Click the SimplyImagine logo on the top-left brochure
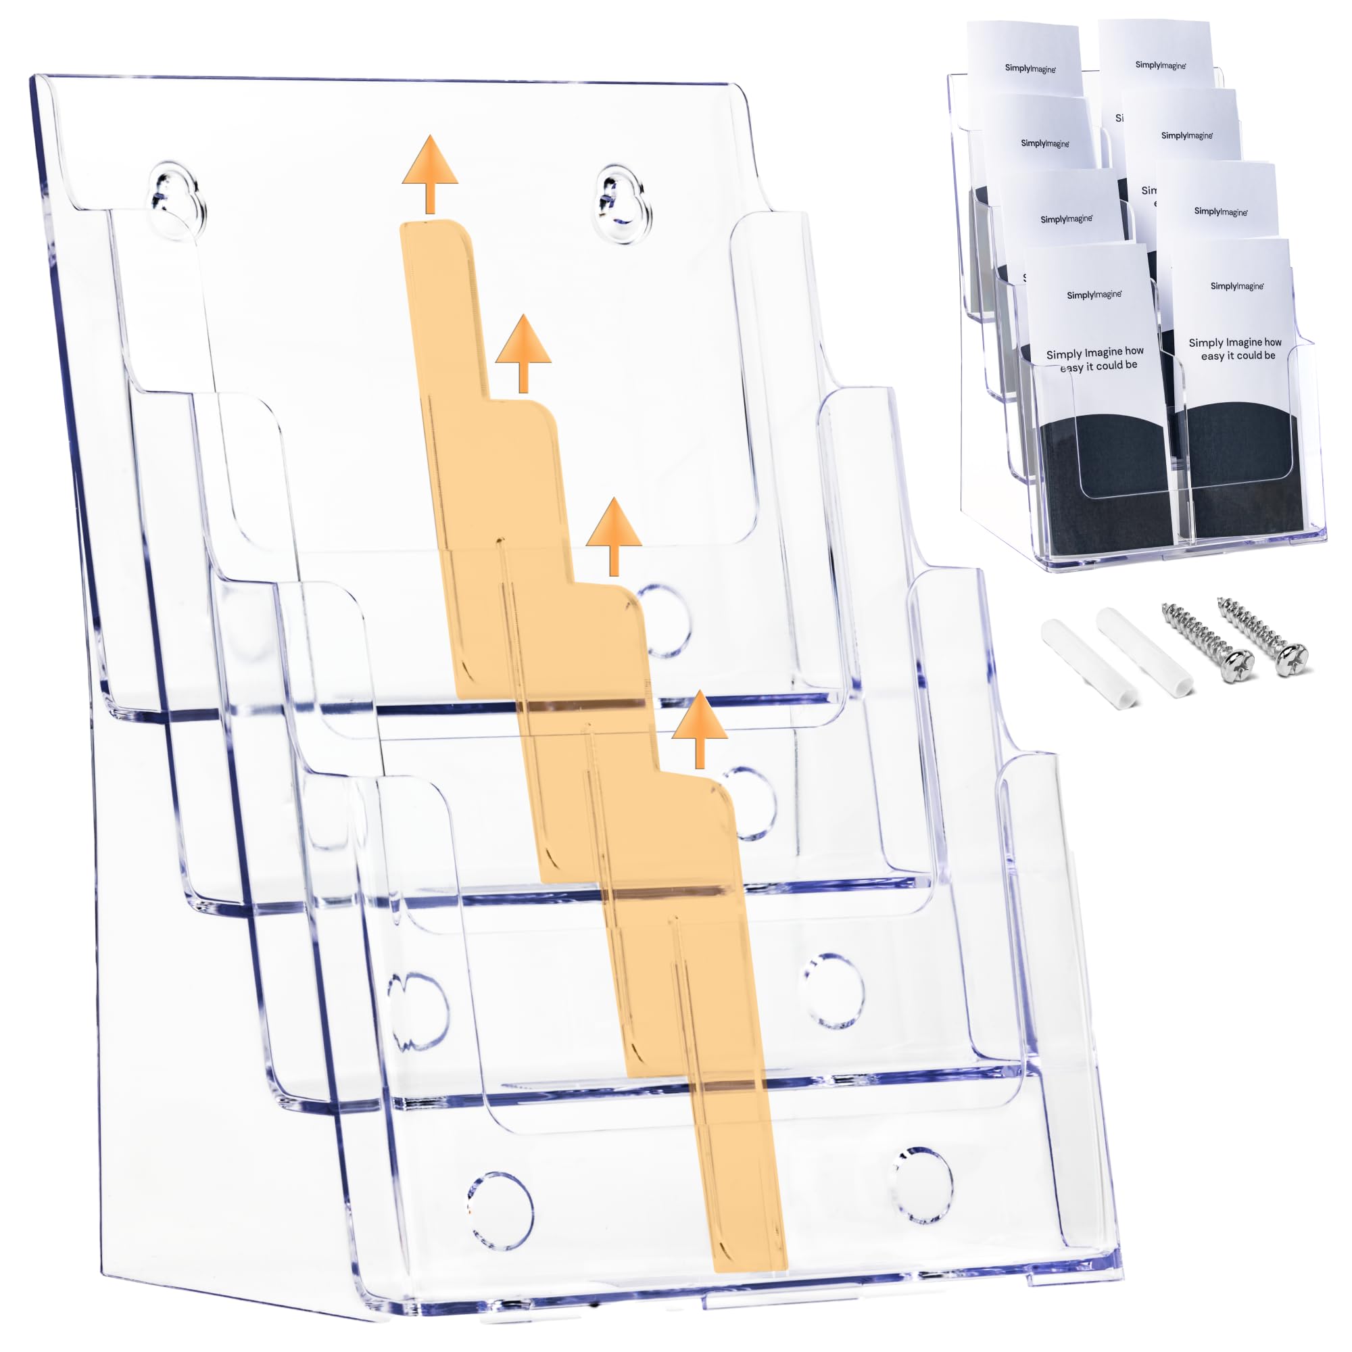1030,68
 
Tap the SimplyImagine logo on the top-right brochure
1160,64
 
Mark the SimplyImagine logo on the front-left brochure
1094,295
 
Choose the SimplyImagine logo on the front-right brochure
1236,285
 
